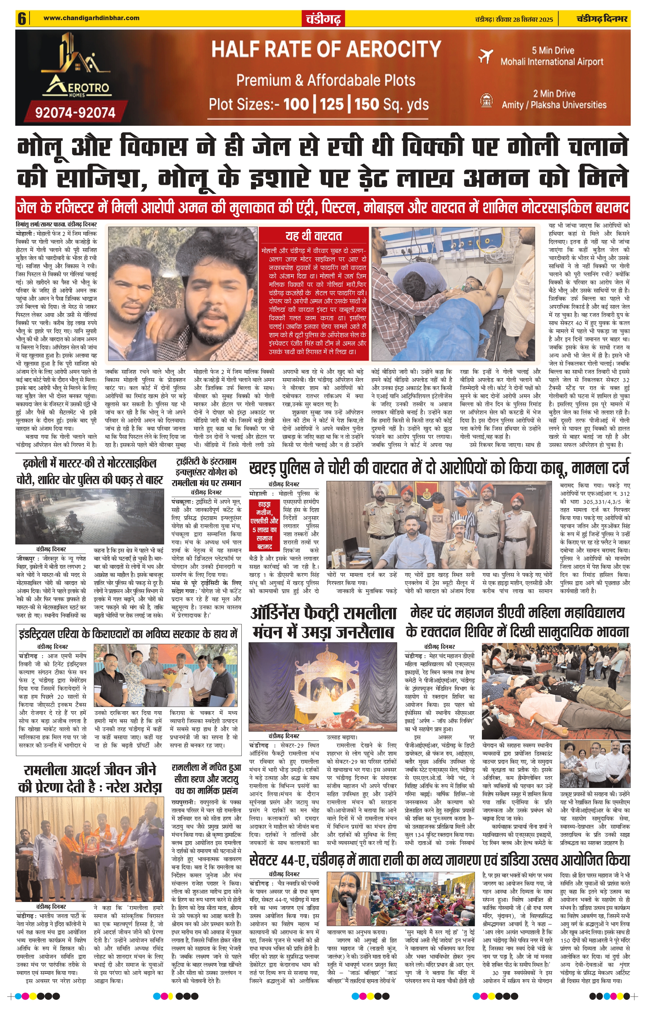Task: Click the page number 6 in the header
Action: tap(21, 19)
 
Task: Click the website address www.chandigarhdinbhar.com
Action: tap(91, 18)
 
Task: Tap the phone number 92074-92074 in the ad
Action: tap(75, 112)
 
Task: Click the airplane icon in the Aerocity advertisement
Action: tap(486, 56)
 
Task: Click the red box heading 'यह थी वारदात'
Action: tap(314, 236)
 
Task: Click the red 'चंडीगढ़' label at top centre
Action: tap(323, 19)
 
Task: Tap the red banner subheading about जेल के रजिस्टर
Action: tap(323, 208)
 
